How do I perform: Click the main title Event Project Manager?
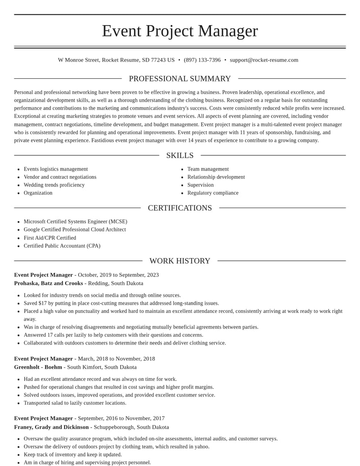180,31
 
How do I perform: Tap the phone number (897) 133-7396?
202,60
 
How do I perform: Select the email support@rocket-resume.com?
264,60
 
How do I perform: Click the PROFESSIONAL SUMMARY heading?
180,79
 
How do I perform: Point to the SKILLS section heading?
180,155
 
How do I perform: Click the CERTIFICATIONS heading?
180,208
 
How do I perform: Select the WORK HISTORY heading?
180,261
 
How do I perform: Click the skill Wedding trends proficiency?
54,185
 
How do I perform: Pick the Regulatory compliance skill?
213,193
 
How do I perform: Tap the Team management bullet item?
208,169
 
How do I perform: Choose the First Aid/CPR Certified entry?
50,238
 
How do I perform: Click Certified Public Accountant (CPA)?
62,246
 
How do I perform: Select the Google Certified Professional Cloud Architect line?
75,230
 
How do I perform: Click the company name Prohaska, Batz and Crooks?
49,283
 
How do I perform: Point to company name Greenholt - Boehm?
38,367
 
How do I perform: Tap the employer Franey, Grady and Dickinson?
51,427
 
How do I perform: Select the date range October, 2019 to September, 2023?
118,275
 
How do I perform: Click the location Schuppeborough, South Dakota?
131,427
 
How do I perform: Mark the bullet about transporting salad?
75,403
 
